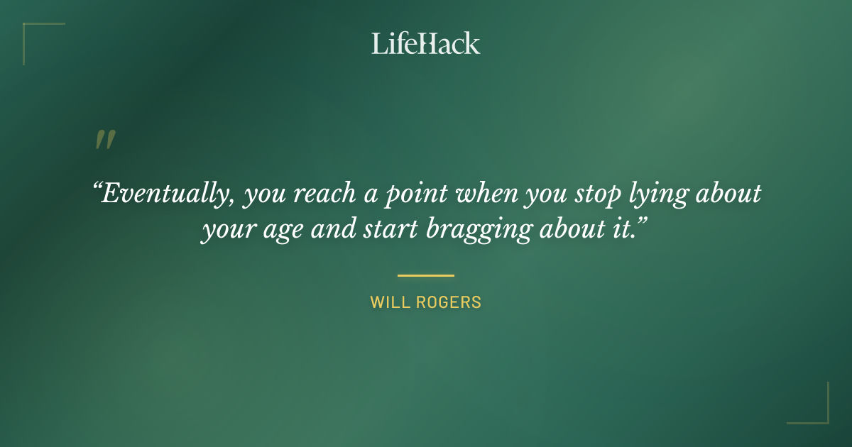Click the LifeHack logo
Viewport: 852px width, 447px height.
426,43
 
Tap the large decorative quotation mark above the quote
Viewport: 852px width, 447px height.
105,140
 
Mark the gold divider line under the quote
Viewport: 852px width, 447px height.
426,275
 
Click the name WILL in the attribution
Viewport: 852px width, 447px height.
388,302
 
